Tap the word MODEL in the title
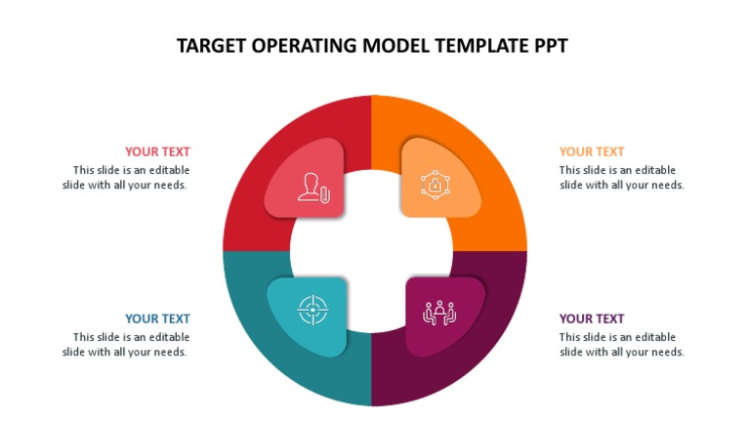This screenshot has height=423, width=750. click(387, 46)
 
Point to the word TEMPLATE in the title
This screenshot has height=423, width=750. click(471, 46)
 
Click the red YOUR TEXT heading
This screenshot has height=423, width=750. click(157, 151)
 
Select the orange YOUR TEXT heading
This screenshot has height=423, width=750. click(592, 151)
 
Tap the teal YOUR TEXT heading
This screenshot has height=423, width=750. click(157, 318)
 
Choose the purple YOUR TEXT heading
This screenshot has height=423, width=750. click(592, 318)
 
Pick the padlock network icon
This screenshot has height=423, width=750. click(433, 184)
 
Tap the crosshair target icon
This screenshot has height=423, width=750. click(312, 311)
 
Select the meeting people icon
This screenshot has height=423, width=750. click(438, 312)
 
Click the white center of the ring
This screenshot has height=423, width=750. click(374, 251)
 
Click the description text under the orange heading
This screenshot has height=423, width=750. click(621, 177)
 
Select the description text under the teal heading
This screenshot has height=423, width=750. click(126, 344)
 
